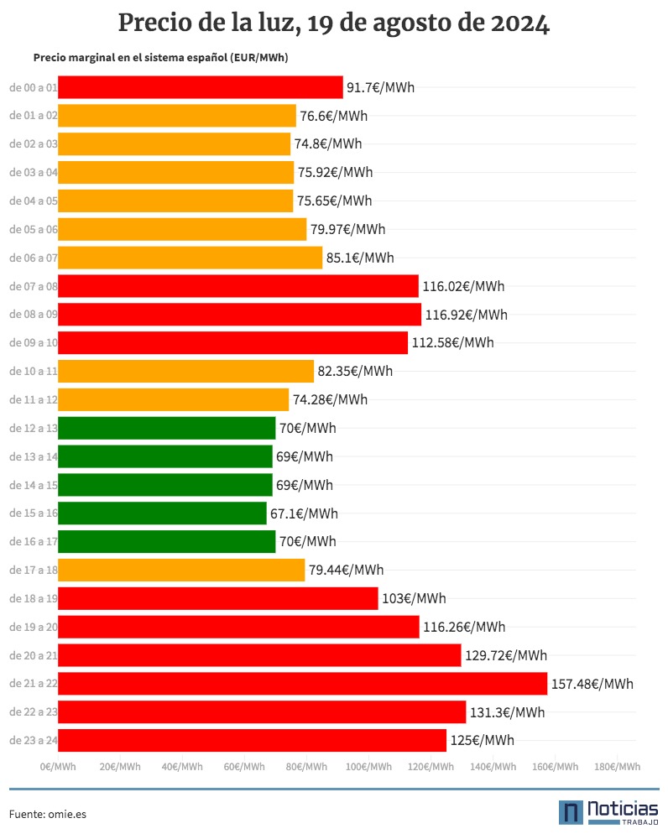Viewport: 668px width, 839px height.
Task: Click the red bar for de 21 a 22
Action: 302,683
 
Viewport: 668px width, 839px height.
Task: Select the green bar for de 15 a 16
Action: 162,513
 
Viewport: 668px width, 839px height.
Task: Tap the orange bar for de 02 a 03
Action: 174,144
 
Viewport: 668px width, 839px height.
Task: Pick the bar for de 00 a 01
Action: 201,87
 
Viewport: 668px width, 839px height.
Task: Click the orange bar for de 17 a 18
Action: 181,570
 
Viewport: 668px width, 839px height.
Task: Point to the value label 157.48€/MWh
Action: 592,684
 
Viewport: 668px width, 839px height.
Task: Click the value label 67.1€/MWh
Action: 304,513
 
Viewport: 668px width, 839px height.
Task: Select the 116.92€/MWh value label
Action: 467,315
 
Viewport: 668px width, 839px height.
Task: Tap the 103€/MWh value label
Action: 414,598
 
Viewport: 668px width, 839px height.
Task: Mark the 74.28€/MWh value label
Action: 331,399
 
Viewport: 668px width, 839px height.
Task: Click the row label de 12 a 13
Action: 34,428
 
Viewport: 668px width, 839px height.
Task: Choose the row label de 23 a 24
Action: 34,740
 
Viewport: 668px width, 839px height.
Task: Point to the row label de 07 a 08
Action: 34,286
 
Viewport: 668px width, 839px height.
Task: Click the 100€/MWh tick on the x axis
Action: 368,767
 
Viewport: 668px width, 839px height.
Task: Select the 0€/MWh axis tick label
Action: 58,767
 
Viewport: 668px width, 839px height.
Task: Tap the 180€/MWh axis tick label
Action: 617,767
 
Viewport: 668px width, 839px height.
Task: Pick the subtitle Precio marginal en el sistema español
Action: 131,58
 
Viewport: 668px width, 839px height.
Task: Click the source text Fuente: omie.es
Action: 48,814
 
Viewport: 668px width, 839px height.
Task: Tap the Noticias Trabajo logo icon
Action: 571,812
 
